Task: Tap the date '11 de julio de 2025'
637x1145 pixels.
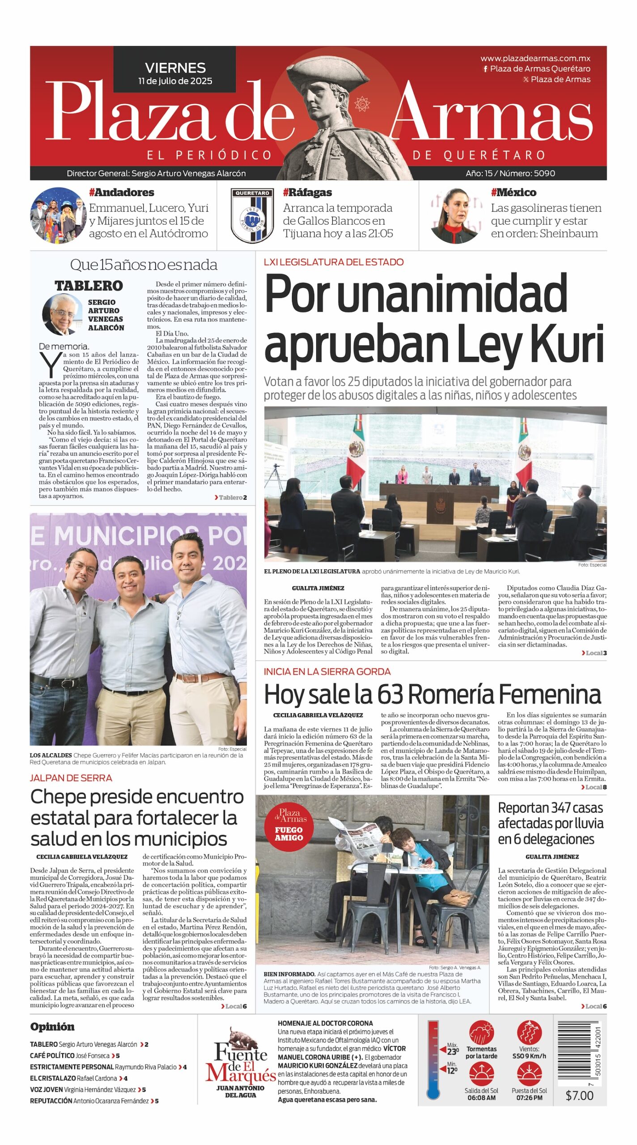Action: point(175,81)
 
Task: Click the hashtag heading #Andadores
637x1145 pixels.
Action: point(121,192)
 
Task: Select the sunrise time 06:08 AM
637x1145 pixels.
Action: point(481,1098)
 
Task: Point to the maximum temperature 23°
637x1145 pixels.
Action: point(453,1052)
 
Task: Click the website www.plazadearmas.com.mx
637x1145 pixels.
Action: point(535,58)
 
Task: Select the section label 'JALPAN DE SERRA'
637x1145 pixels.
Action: point(71,778)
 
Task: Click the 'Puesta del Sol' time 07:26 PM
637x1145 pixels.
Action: point(529,1098)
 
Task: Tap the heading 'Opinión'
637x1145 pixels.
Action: point(52,1026)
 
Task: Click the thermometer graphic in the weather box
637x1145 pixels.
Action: point(433,1059)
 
